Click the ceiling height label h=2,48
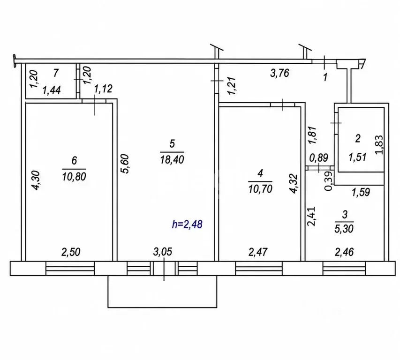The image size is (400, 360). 187,225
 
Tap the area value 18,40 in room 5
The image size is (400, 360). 172,159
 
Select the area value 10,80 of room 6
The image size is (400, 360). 74,176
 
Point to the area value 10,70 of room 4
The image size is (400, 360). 260,189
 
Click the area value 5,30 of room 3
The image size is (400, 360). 344,228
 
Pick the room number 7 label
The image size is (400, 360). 56,73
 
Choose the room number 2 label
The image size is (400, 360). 358,138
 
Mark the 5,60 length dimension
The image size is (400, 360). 125,164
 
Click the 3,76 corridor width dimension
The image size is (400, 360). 279,74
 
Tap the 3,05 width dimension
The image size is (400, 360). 163,252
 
